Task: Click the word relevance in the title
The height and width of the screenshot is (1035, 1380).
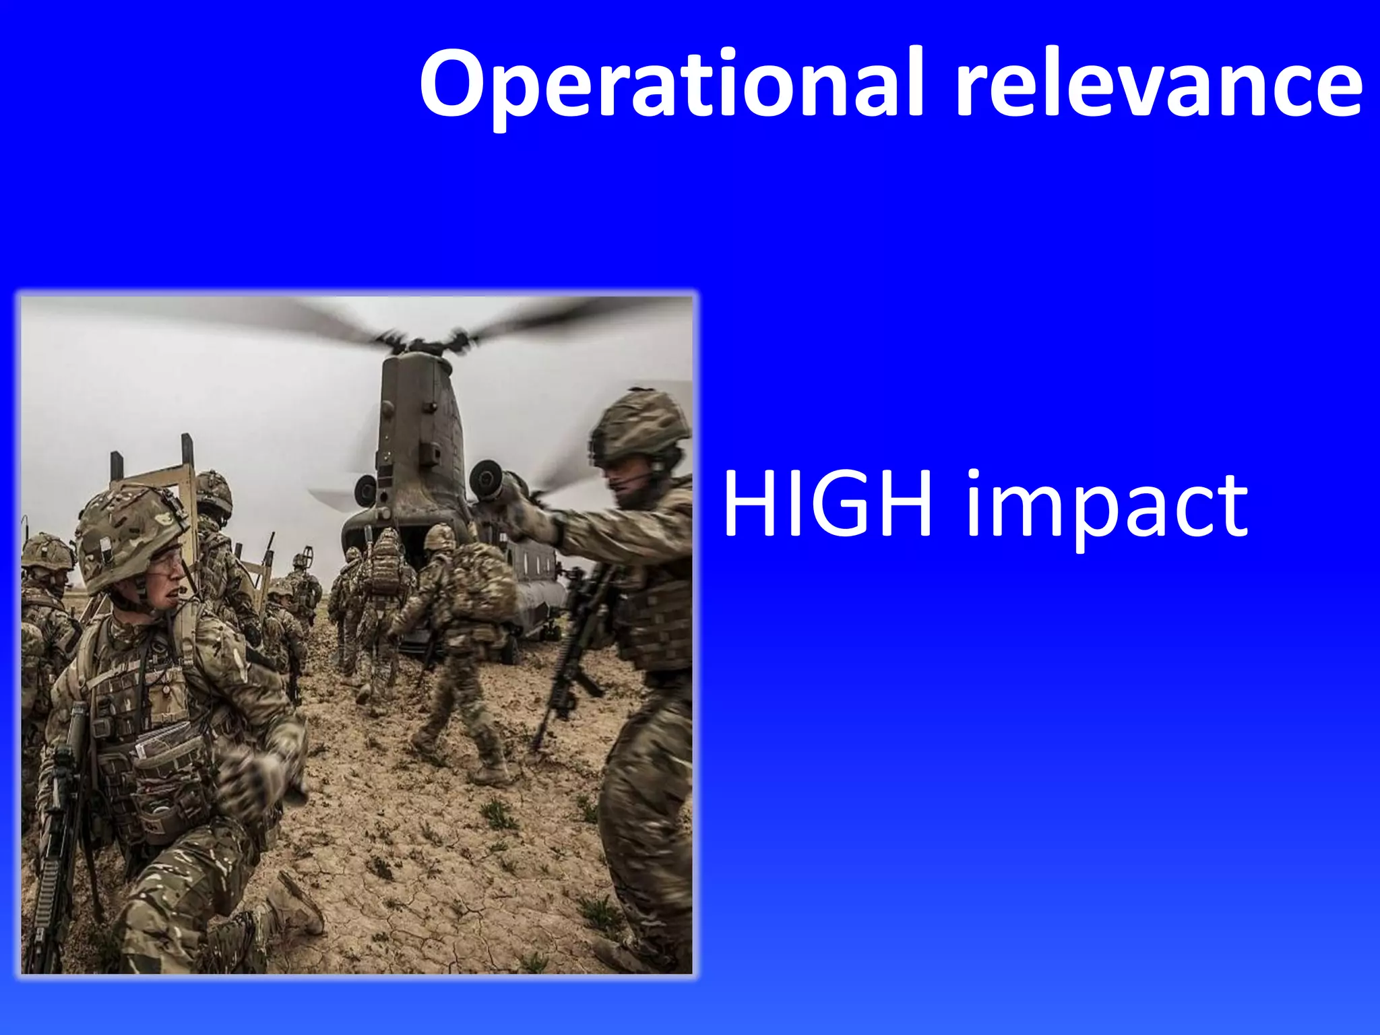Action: coord(1159,84)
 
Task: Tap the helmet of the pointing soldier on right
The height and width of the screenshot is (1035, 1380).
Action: coord(640,425)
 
